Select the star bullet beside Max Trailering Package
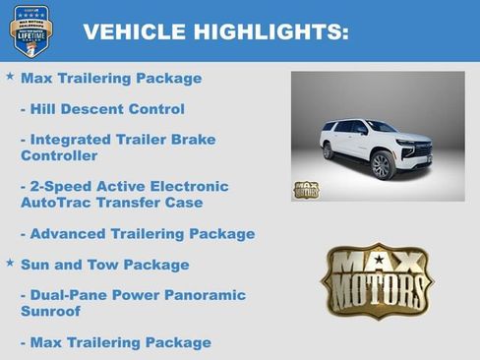pyautogui.click(x=10, y=76)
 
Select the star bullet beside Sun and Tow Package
pyautogui.click(x=10, y=263)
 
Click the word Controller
pyautogui.click(x=59, y=155)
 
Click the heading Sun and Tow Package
pyautogui.click(x=105, y=265)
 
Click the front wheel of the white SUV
pyautogui.click(x=381, y=164)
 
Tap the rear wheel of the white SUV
pyautogui.click(x=328, y=151)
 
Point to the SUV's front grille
pyautogui.click(x=422, y=151)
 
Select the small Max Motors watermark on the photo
pyautogui.click(x=306, y=189)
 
